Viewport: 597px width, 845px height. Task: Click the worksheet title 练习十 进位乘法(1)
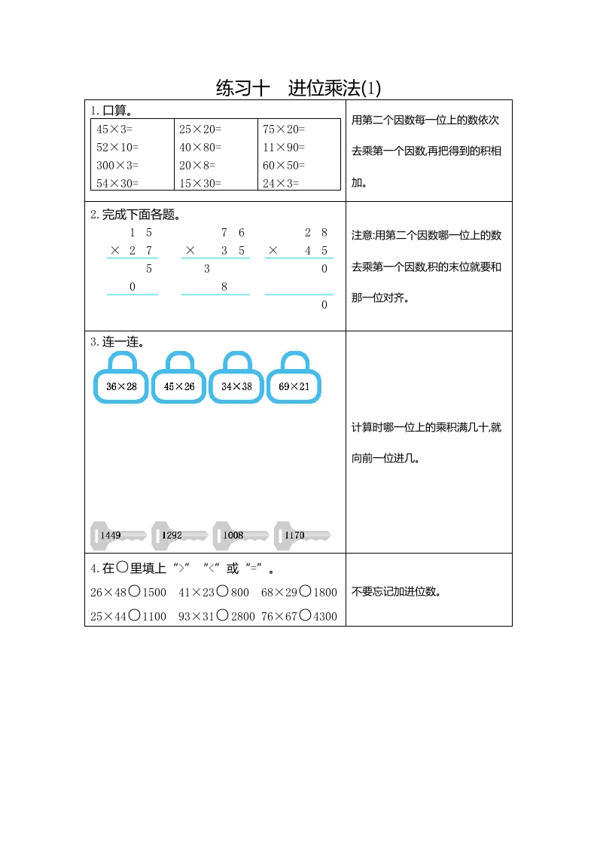click(x=298, y=88)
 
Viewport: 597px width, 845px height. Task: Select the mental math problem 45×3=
click(x=114, y=129)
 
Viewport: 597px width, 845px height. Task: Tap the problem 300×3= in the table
click(x=117, y=165)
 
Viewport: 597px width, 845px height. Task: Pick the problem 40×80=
click(x=200, y=147)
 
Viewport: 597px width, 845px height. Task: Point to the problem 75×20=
click(x=284, y=129)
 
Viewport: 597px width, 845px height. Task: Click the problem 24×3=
click(x=281, y=183)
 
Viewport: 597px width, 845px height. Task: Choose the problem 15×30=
click(x=200, y=183)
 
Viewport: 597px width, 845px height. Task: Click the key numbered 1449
click(x=118, y=535)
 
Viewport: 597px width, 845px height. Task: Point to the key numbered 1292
click(x=179, y=535)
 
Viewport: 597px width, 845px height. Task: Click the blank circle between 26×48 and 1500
click(x=134, y=592)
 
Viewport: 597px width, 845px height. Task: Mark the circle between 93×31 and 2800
click(x=223, y=615)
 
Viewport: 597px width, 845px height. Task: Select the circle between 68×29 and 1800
click(x=305, y=592)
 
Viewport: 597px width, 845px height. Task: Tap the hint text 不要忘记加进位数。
click(x=396, y=591)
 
